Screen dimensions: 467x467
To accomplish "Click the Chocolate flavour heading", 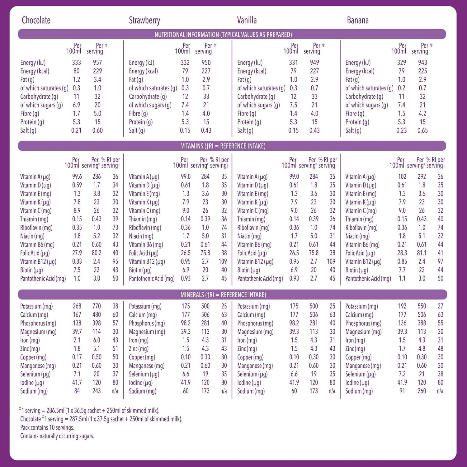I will (36, 21).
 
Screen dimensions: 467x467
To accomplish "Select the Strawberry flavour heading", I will (144, 21).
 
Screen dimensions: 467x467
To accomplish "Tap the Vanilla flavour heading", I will (247, 21).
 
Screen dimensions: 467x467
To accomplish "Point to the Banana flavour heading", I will (358, 21).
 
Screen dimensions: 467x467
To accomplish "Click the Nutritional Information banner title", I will (223, 35).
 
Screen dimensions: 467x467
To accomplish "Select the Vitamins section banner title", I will (223, 146).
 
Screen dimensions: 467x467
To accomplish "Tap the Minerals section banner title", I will (223, 295).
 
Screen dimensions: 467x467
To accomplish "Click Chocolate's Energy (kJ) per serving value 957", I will (97, 63).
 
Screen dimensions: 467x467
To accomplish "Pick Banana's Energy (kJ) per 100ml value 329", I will (402, 63).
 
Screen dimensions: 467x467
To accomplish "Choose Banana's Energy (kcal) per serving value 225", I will (422, 71).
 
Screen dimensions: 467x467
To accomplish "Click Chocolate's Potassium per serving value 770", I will (97, 306).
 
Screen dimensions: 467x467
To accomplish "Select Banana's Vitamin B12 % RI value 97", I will (440, 262).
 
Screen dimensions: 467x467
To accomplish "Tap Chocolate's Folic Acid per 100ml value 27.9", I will (77, 253).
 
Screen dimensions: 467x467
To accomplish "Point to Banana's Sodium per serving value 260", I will (422, 391).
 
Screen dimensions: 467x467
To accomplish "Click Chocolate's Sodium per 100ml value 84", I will (77, 391).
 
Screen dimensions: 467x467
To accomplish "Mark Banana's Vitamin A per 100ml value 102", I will (402, 177).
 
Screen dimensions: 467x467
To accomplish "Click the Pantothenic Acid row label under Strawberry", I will (152, 279).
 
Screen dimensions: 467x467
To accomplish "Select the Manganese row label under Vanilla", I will (255, 366).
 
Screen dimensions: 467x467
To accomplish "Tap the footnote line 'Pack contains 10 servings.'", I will (47, 427).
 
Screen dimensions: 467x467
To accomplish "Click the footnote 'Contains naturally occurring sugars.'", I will (57, 436).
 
